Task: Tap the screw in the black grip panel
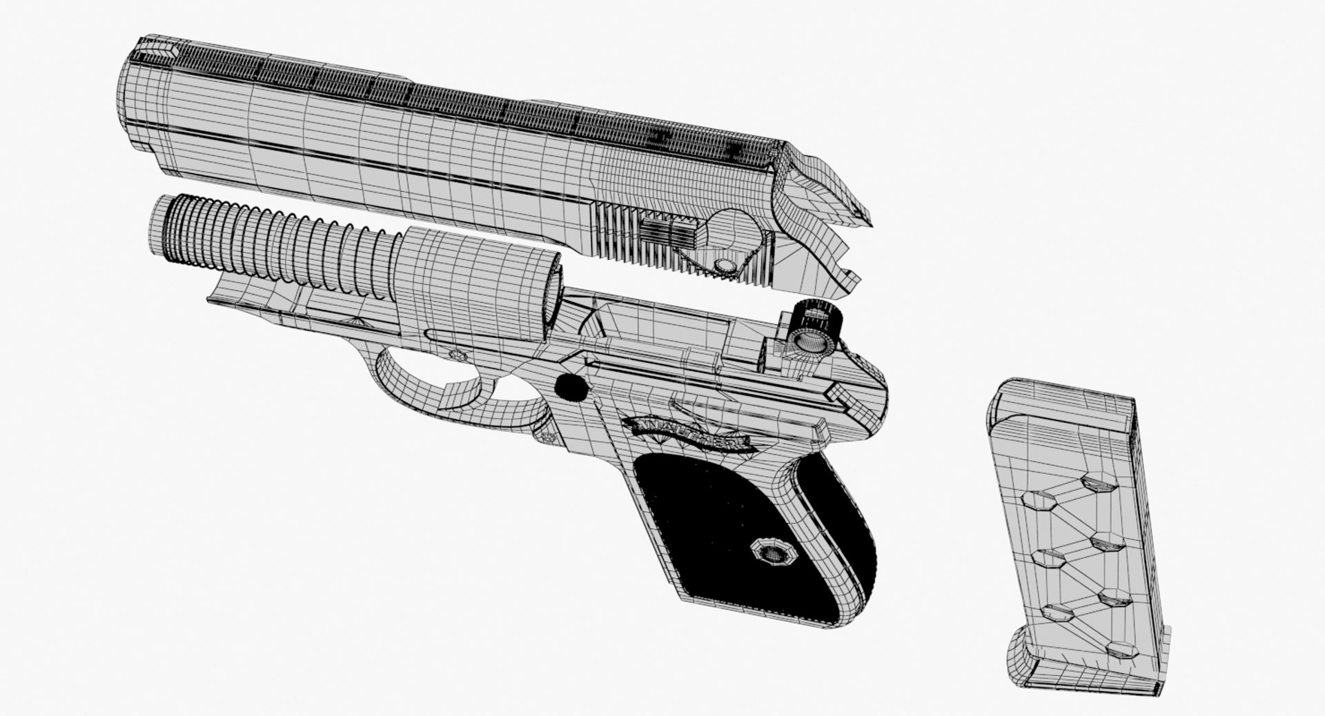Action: click(770, 551)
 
